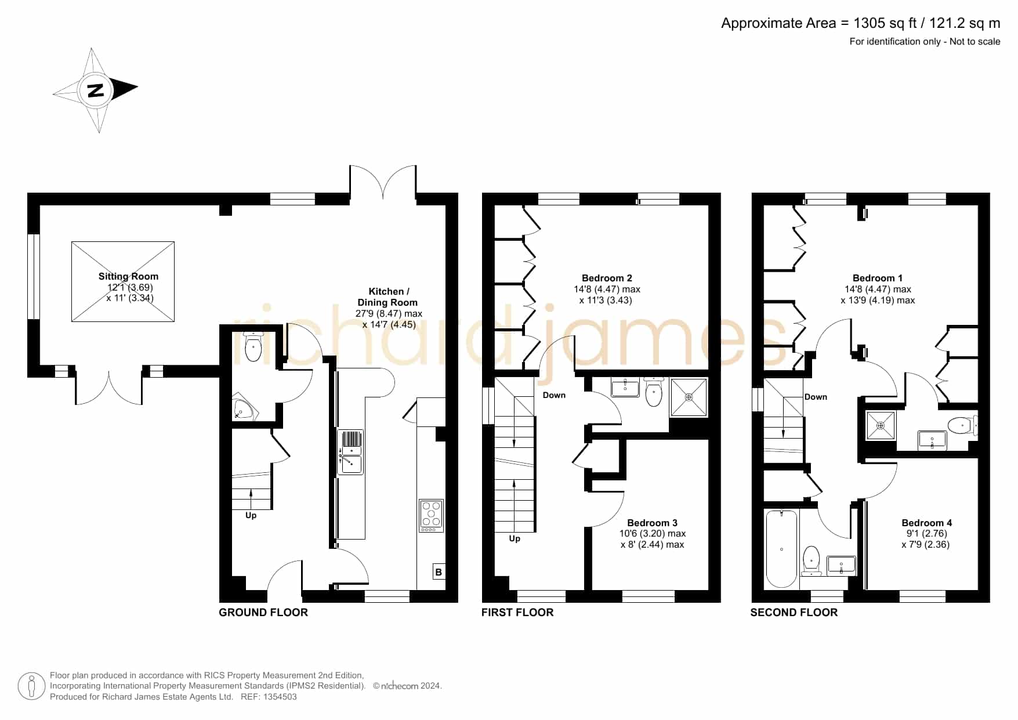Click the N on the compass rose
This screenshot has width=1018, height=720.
95,91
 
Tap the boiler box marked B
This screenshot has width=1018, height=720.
439,572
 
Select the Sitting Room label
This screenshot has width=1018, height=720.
128,277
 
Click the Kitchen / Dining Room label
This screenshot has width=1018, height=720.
388,297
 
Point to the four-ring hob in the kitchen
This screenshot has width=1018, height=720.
432,516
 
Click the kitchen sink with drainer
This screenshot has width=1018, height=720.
350,452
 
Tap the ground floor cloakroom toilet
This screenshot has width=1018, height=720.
253,347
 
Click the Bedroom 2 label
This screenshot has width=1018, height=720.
607,278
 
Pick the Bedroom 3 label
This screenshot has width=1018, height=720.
652,523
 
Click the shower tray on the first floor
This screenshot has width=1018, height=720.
689,397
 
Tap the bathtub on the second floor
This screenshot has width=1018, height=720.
781,549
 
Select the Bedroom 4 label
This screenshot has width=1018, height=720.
926,523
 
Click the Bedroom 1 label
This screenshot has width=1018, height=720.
877,278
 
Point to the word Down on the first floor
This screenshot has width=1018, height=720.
554,395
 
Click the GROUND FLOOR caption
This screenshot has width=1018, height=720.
263,613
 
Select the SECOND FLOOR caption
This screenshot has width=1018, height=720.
794,613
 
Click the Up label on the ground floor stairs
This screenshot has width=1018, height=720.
251,515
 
